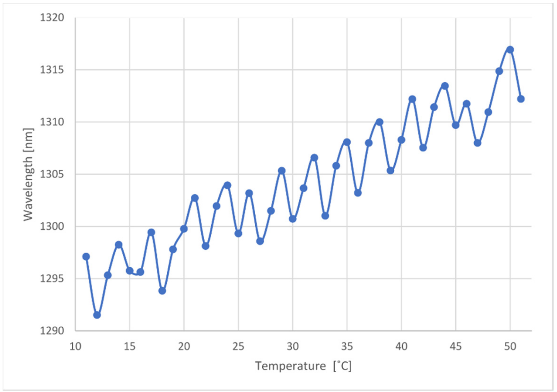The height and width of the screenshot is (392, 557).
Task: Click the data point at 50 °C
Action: tap(510, 50)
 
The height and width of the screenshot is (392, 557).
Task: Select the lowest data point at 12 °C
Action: tap(97, 315)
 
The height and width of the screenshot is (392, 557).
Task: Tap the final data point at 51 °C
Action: tap(521, 99)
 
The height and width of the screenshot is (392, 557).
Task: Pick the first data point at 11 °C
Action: tap(86, 257)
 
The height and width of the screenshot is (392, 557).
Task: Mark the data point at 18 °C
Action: tap(162, 291)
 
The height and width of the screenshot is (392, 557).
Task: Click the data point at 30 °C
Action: tap(293, 219)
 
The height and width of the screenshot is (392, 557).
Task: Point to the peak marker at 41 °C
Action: tap(412, 99)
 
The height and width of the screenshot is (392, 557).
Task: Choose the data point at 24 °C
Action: tap(227, 185)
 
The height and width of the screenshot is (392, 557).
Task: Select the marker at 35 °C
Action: tap(347, 142)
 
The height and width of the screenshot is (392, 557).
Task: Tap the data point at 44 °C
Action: tap(445, 86)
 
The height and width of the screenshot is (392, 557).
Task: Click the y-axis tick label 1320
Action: tap(52, 18)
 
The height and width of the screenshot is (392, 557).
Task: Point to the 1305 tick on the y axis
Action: tap(52, 174)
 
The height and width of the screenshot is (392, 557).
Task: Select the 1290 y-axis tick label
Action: tap(52, 331)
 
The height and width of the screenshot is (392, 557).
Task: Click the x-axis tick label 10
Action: tap(75, 347)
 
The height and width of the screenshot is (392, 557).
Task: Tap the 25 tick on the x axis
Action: tap(238, 347)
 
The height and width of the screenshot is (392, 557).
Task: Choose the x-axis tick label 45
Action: tap(456, 347)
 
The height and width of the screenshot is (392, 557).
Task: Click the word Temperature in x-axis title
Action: tap(290, 366)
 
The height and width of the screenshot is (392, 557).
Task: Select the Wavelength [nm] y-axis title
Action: tap(28, 174)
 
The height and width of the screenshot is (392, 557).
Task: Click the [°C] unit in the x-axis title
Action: tap(342, 366)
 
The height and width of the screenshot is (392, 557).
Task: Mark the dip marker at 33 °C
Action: tap(325, 216)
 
